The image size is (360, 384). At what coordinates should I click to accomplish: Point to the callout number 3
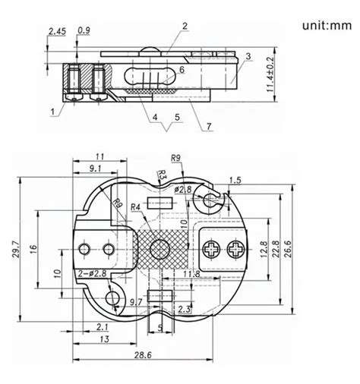(x=248, y=57)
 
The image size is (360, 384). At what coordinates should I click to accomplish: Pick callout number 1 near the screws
(x=52, y=112)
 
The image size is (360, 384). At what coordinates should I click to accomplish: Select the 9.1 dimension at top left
(x=97, y=168)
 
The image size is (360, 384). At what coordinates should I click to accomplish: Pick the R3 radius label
(x=161, y=178)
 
